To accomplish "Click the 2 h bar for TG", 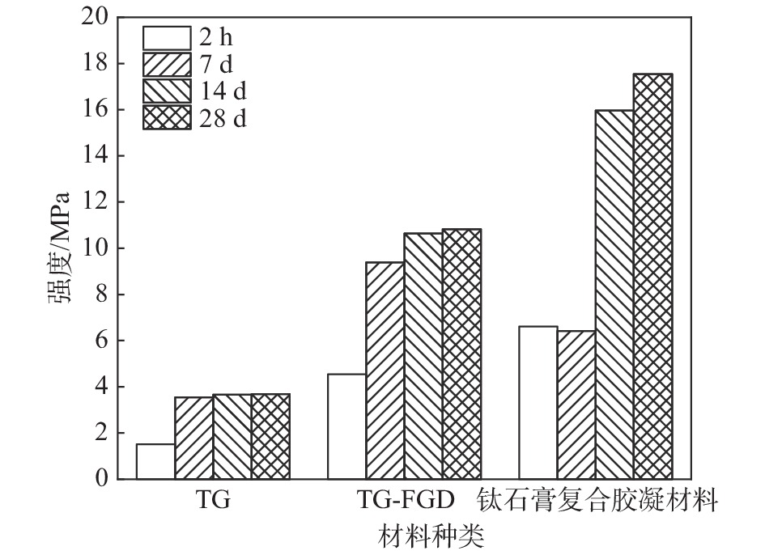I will pos(155,461).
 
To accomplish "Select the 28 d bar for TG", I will pos(270,437).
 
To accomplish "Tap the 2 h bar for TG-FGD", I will pos(346,426).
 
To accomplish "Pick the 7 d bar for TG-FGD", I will pos(385,371).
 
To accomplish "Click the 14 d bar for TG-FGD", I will pos(423,356).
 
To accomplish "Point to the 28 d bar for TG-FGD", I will pos(461,354).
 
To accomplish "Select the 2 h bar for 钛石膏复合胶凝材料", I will pos(538,403).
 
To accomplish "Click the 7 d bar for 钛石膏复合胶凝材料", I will pos(576,405).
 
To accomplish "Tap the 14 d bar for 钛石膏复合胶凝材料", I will pos(614,294).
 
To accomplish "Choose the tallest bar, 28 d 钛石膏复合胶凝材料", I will pos(652,277).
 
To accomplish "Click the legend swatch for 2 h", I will pos(167,38).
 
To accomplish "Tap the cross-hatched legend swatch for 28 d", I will pos(167,118).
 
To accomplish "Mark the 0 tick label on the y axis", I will pos(100,479).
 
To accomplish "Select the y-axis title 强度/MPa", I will pos(59,248).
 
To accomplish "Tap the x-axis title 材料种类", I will pos(431,535).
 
